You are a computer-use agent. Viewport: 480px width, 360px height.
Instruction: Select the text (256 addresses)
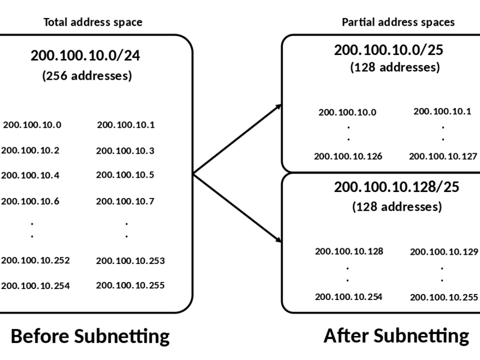(87, 76)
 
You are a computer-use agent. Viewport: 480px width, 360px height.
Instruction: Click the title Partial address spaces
(398, 22)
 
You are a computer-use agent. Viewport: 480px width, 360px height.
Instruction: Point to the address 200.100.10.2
(31, 150)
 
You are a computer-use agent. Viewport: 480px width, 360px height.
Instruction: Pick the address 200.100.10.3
(125, 151)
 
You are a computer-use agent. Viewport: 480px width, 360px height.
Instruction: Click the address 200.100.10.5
(125, 175)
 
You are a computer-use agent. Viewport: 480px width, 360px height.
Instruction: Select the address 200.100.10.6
(31, 201)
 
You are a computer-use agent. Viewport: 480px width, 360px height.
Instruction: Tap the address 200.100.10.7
(125, 201)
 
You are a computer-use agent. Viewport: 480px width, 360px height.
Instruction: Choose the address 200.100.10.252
(35, 260)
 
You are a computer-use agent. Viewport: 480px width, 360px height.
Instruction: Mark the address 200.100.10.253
(130, 261)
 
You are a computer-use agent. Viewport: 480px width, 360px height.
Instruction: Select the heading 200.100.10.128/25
(397, 187)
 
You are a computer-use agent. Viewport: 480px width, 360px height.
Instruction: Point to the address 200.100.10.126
(348, 156)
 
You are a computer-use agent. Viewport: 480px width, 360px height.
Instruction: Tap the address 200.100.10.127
(443, 157)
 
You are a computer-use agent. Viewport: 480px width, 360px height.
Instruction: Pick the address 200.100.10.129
(443, 251)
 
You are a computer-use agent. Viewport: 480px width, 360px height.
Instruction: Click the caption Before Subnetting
(91, 336)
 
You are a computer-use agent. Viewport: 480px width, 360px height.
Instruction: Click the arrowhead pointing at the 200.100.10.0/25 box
(279, 106)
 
